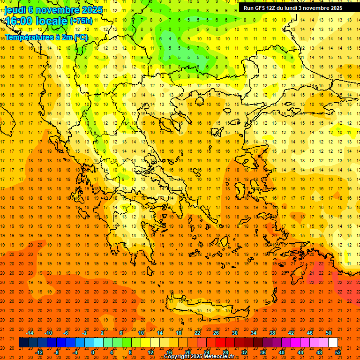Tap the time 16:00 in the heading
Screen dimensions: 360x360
(19, 22)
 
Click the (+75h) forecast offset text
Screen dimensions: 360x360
(82, 22)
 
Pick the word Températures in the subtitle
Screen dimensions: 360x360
(30, 36)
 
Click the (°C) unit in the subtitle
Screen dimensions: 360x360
(81, 36)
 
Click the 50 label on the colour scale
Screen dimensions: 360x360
(329, 333)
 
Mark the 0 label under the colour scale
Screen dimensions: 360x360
(93, 352)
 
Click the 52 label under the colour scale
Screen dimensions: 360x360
(338, 352)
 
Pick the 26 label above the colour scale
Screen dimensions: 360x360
(216, 333)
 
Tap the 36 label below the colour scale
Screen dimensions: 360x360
(263, 352)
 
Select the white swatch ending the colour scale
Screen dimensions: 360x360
(333, 343)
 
